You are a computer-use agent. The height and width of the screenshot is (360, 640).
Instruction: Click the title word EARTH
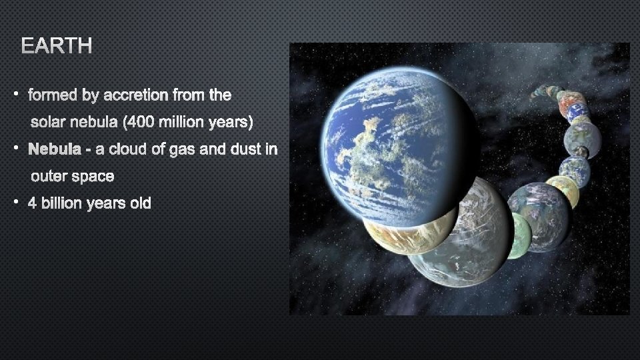point(57,46)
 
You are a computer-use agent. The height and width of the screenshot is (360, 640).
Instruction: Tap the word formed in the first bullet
point(53,95)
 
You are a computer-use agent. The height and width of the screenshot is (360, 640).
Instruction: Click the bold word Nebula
point(55,149)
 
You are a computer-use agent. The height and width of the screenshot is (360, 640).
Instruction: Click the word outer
point(50,177)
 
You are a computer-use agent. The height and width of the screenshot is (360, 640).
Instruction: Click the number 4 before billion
point(32,203)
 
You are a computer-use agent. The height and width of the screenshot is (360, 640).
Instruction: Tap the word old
point(141,203)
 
